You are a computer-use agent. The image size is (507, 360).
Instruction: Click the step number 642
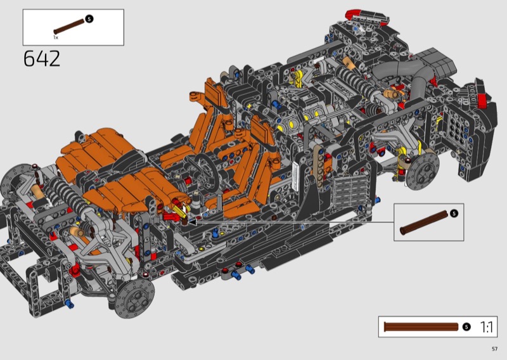coord(42,58)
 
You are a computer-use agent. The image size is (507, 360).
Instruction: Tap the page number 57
coord(494,349)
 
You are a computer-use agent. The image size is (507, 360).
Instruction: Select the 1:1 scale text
coord(487,327)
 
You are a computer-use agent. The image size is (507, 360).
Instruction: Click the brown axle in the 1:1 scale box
coord(421,326)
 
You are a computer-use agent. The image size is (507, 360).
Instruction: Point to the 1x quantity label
coord(56,37)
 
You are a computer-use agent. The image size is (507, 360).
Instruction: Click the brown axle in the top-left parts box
coord(69,27)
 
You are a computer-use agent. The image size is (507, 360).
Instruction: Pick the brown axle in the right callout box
coord(424,222)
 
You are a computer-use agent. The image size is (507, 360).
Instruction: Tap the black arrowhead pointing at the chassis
coord(192,222)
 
